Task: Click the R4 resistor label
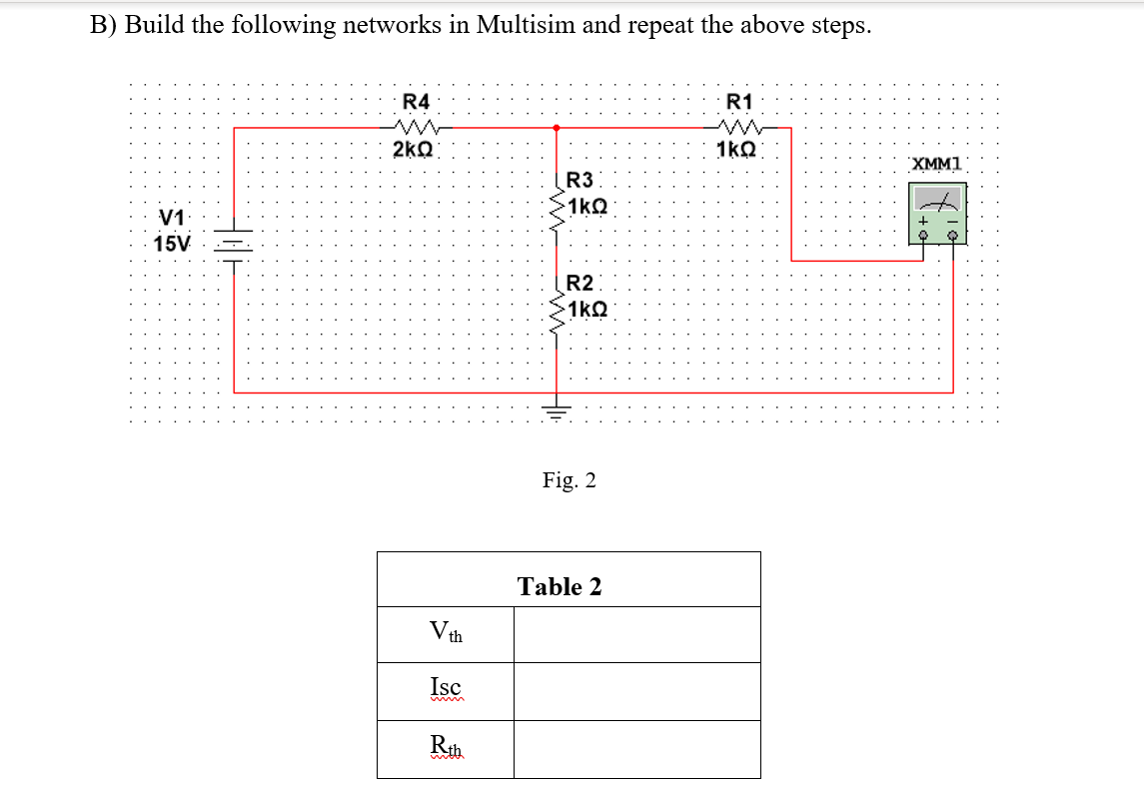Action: point(416,102)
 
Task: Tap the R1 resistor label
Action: point(739,102)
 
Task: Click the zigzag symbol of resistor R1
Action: point(740,127)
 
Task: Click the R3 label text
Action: point(579,181)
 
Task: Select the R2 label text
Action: point(579,284)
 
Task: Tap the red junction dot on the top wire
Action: point(557,128)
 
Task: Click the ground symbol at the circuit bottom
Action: point(557,410)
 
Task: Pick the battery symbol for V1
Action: point(234,244)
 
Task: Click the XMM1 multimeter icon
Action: point(936,213)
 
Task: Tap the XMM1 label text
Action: point(935,164)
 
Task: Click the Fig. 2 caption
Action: point(569,480)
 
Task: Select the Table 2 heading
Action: point(560,586)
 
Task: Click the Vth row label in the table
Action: point(445,633)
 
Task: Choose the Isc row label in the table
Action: point(445,688)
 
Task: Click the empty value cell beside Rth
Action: point(636,748)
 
